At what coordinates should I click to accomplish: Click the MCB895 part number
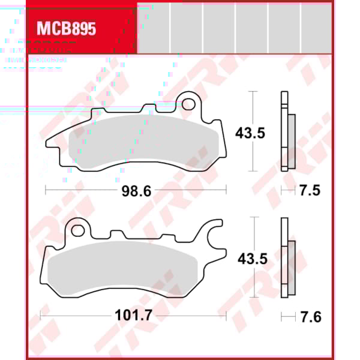tap(66, 29)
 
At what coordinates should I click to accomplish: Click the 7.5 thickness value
tap(310, 191)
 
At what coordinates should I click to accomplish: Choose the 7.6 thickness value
tap(310, 316)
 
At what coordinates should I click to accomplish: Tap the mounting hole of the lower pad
tap(76, 229)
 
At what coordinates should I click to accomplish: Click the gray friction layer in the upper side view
tap(292, 141)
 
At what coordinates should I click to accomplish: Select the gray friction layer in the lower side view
tap(292, 267)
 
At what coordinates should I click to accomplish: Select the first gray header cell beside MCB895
tap(154, 27)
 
